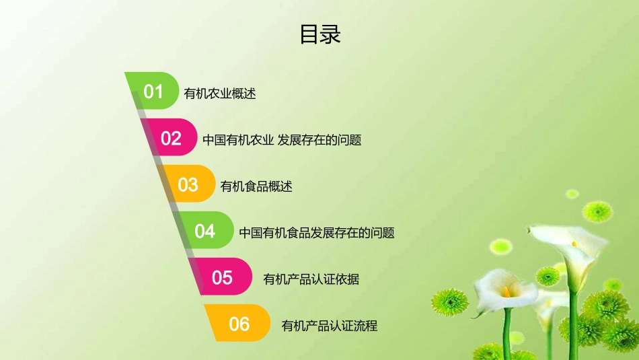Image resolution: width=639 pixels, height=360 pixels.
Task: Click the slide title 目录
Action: click(320, 34)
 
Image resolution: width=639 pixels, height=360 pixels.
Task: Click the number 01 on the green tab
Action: click(153, 92)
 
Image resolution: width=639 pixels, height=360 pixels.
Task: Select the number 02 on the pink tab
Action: click(171, 139)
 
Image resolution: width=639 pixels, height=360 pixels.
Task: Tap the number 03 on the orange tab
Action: click(188, 185)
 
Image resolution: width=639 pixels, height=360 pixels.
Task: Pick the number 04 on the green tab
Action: click(205, 231)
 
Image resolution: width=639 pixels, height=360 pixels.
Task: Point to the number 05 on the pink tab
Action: click(222, 277)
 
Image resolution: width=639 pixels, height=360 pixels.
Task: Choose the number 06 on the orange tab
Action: click(239, 324)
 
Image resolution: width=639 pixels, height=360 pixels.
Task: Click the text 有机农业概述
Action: click(220, 94)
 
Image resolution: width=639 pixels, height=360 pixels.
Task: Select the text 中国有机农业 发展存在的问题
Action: click(282, 140)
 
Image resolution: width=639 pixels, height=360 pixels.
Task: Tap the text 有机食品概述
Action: click(256, 186)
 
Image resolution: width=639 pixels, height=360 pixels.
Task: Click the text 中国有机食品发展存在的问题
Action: click(316, 233)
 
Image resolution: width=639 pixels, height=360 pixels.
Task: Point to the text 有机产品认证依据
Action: click(311, 279)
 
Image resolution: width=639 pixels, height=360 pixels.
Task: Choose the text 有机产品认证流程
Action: click(329, 326)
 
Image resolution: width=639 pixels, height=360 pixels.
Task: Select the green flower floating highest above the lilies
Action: click(572, 194)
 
